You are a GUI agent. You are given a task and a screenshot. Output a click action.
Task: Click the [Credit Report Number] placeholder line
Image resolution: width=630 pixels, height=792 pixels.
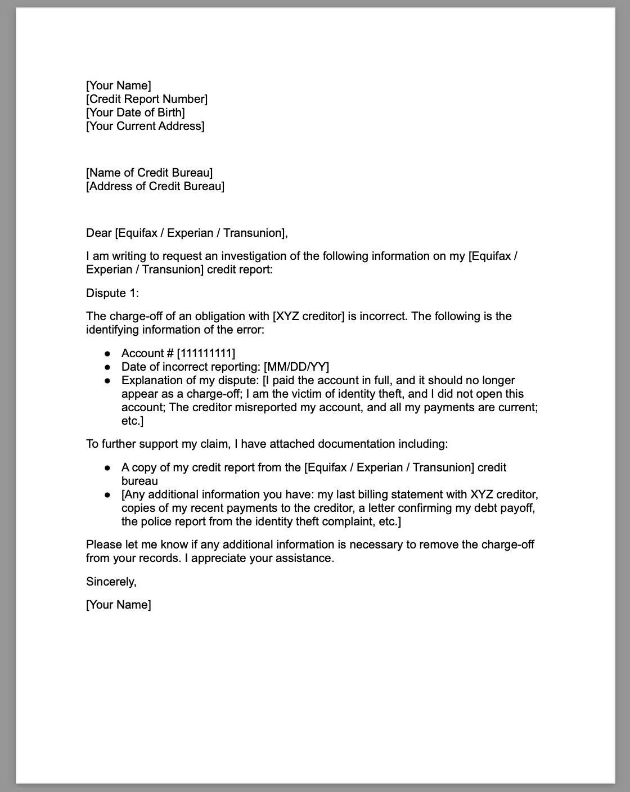point(147,99)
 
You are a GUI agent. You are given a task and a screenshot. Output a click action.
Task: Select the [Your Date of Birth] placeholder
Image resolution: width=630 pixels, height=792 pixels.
point(136,112)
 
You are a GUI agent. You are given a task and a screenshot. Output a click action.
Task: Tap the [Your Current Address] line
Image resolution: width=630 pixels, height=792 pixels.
point(145,126)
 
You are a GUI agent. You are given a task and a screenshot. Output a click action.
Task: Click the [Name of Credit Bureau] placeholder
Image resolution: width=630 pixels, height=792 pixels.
point(149,173)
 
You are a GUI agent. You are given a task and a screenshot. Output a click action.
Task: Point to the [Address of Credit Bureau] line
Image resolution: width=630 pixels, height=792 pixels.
point(155,186)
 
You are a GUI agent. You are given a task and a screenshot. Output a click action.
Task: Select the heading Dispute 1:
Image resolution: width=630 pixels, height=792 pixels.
point(112,293)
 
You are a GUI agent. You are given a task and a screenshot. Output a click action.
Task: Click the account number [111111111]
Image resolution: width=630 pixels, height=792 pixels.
point(206,353)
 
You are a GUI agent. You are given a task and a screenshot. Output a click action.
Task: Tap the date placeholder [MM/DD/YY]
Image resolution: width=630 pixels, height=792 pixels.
point(296,367)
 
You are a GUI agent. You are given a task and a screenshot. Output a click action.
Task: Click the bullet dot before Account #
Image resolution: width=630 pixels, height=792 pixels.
point(107,353)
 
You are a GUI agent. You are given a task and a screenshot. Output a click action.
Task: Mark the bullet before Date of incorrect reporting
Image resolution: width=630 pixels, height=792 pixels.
point(107,367)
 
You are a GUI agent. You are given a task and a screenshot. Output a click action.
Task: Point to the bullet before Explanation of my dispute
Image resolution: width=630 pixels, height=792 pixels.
point(107,380)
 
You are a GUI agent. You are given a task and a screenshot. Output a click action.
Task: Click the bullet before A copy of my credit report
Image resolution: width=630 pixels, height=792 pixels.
point(107,467)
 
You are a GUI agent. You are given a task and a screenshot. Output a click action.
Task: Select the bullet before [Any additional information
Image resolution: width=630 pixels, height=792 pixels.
point(107,494)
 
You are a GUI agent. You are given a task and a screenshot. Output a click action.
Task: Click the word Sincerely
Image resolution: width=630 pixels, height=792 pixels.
point(111,582)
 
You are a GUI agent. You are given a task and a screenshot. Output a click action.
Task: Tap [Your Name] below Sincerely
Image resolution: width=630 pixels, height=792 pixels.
point(119,605)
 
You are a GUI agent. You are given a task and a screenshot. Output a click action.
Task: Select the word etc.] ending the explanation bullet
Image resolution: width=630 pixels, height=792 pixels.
point(133,421)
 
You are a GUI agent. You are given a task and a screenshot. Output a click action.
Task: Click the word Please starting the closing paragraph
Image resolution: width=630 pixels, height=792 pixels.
point(103,544)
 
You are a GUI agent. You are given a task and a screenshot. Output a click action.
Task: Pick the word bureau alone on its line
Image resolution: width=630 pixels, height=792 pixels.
point(139,481)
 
